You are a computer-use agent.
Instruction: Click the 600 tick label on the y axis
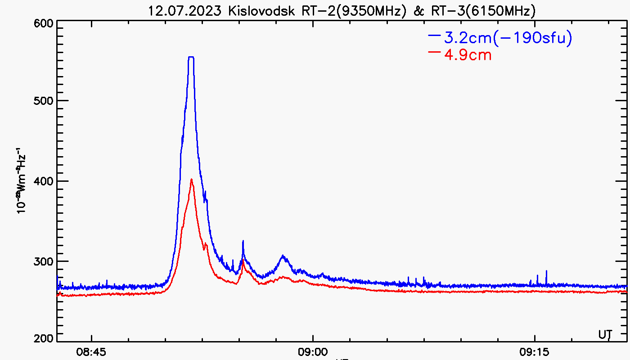(x=44, y=23)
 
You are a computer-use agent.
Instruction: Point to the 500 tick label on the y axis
(x=44, y=101)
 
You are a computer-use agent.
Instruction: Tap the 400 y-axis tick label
(x=44, y=181)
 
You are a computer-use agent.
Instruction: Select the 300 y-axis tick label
(x=44, y=261)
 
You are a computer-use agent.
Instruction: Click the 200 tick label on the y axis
(x=44, y=338)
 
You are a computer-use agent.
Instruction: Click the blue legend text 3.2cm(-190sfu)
(x=508, y=39)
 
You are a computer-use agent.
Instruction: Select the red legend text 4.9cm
(x=468, y=55)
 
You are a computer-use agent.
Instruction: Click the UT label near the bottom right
(x=605, y=334)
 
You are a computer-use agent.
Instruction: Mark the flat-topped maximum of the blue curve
(x=191, y=57)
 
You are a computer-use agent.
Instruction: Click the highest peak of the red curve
(x=191, y=180)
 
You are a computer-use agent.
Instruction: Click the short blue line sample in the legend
(x=435, y=34)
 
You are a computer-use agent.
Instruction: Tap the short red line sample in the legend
(x=435, y=52)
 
